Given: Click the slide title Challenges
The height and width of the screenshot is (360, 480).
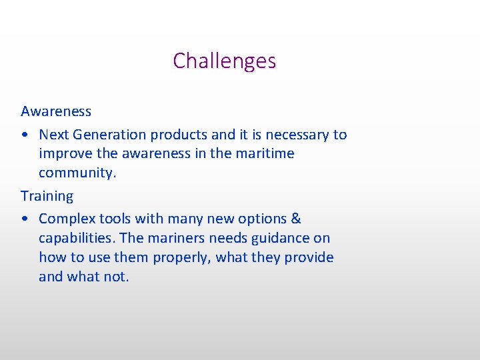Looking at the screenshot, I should tap(224, 61).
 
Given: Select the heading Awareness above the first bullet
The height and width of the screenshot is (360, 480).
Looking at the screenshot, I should tap(56, 111).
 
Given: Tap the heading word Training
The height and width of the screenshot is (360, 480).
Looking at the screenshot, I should tap(47, 196).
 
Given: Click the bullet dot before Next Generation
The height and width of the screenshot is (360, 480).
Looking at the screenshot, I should tap(25, 135).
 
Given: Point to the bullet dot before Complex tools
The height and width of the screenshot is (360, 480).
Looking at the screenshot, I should tap(25, 219).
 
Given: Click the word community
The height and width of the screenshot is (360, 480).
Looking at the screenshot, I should tap(77, 173).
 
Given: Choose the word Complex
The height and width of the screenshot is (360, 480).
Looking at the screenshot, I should tap(64, 219).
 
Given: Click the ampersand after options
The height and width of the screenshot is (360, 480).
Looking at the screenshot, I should tap(296, 219).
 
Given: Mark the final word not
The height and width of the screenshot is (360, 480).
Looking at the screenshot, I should tap(117, 277).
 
